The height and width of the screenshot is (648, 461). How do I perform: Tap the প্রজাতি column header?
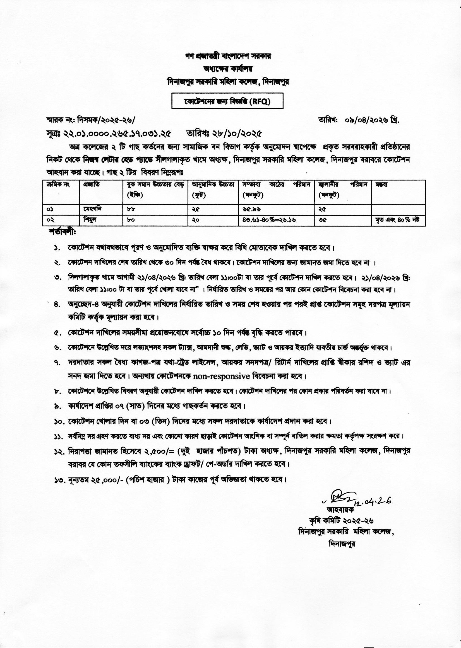click(90, 185)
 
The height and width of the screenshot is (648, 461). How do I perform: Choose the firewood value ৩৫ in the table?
click(322, 220)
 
